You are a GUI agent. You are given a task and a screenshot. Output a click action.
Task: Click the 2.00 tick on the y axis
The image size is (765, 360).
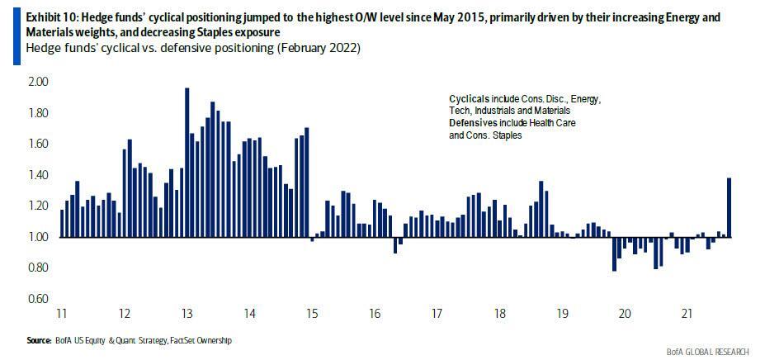[x=39, y=82]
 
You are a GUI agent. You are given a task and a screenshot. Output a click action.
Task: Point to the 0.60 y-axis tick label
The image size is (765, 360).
[x=39, y=298]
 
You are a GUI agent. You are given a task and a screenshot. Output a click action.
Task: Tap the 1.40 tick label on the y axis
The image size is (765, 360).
[x=39, y=175]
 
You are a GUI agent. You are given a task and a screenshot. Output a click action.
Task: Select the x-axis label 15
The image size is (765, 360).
[x=312, y=314]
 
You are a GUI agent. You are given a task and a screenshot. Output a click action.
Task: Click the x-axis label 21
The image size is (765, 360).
[x=687, y=314]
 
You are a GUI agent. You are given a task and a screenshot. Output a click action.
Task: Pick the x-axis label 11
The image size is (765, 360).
[x=62, y=314]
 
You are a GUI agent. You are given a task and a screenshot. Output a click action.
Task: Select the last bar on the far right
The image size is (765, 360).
[x=730, y=207]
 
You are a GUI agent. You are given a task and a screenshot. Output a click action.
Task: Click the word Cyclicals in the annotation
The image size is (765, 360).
[x=457, y=98]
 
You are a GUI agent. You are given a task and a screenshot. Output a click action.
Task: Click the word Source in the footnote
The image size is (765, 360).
[x=39, y=340]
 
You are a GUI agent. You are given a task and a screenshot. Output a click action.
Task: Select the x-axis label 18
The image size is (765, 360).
[x=499, y=314]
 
